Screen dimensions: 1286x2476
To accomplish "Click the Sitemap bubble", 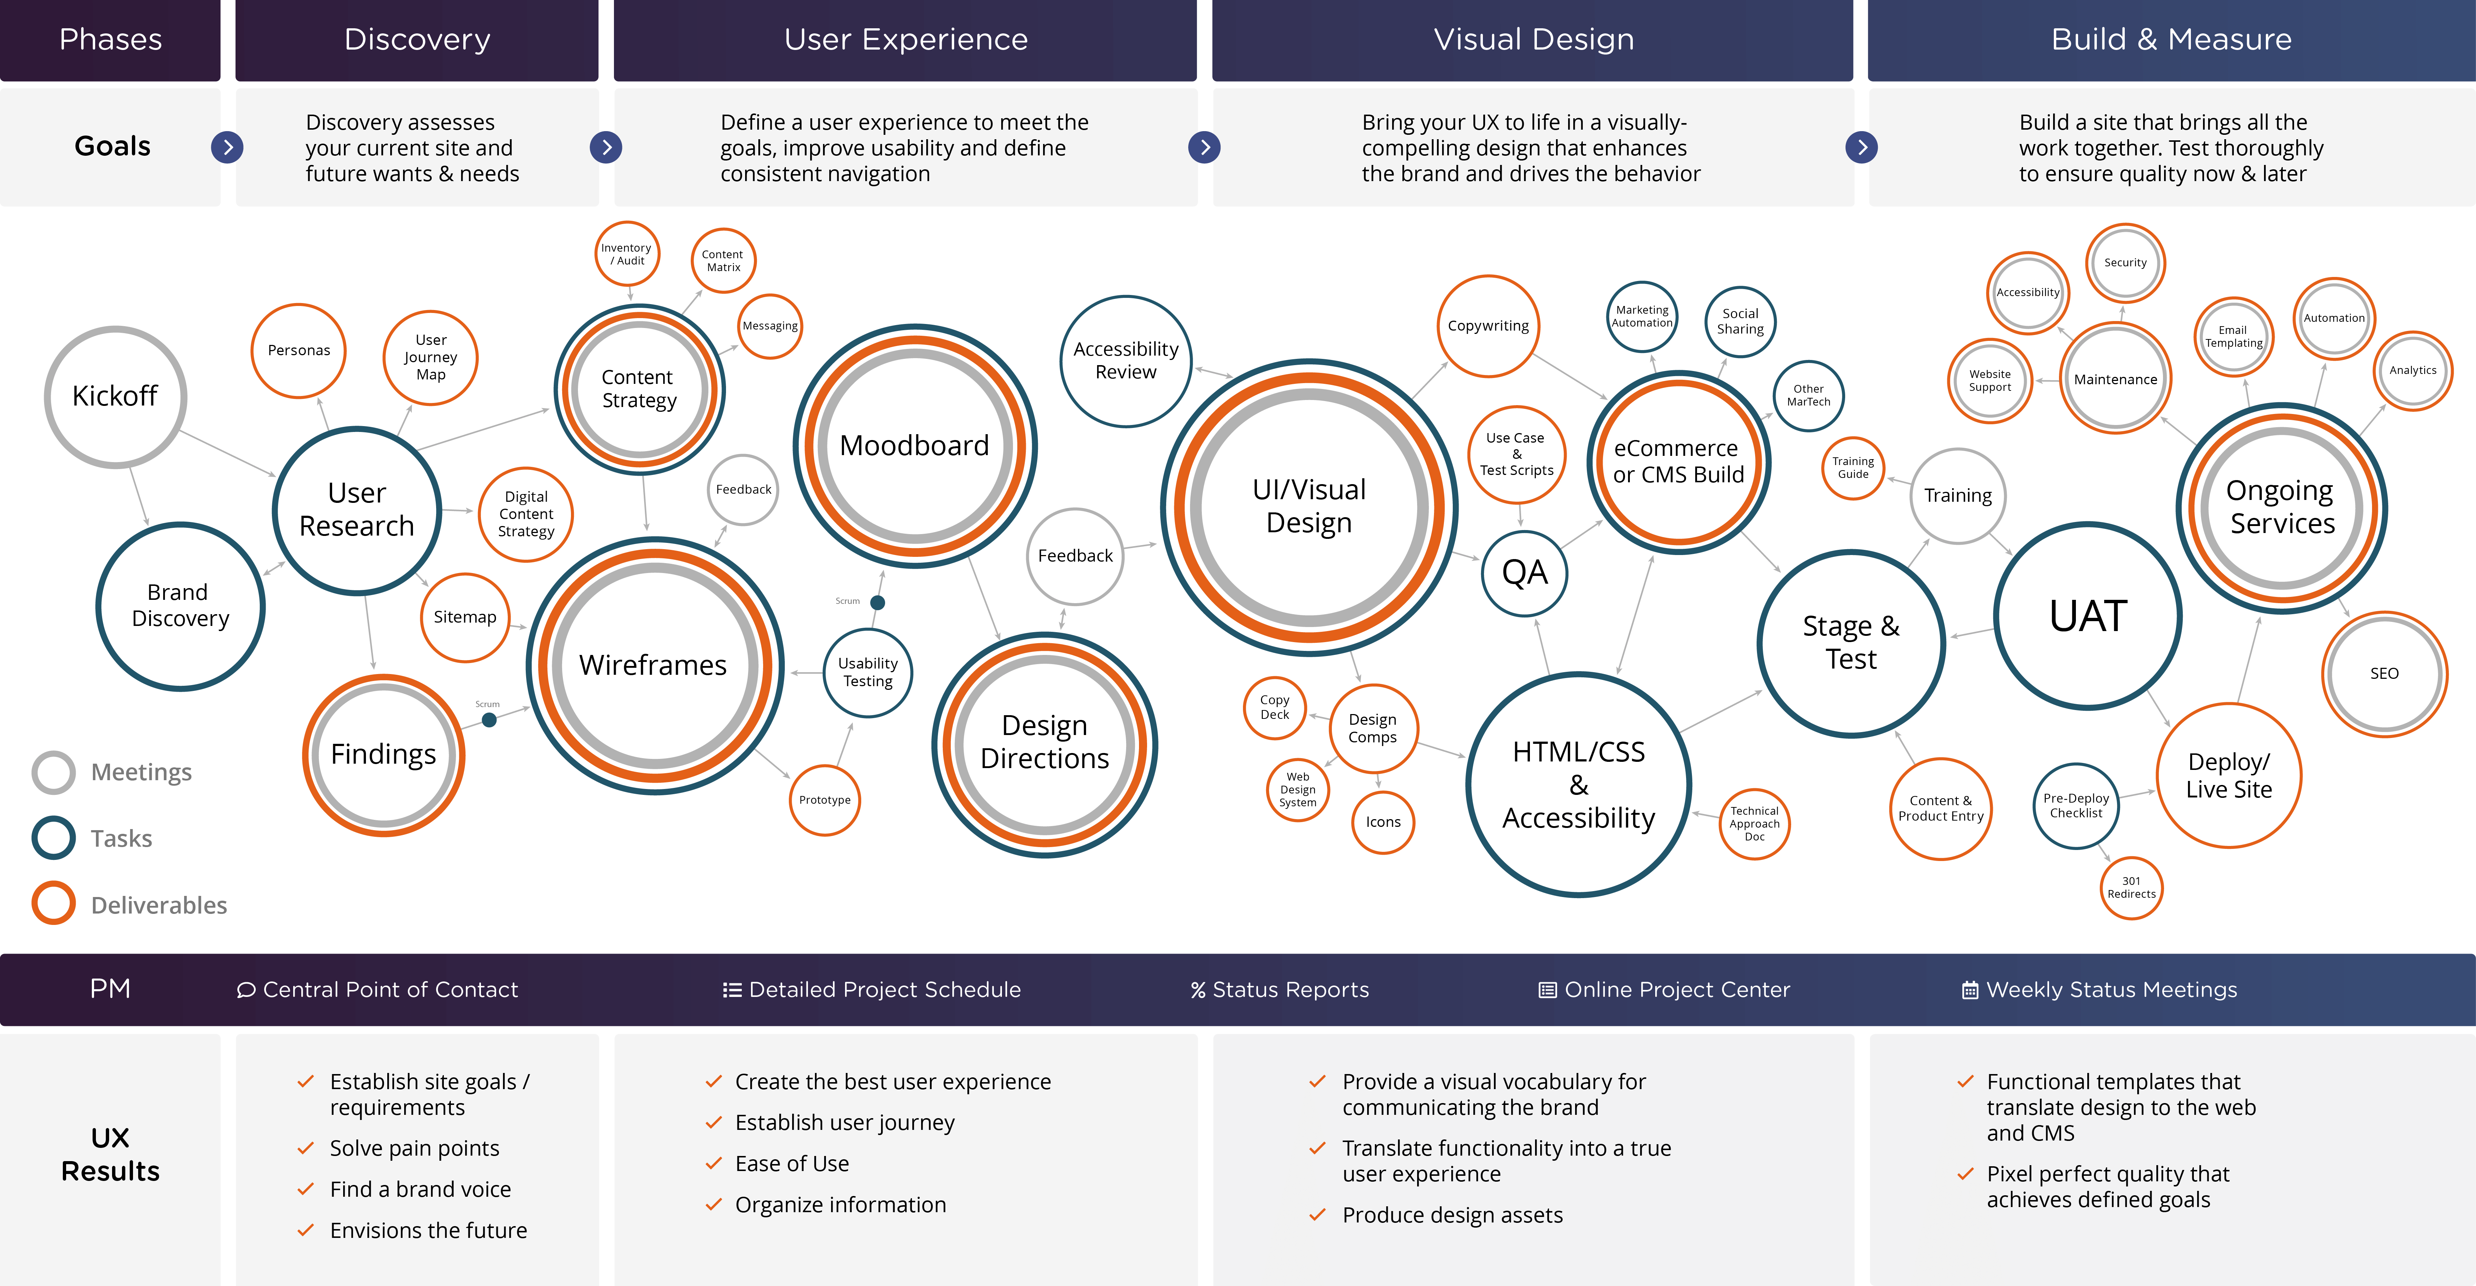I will pos(465,617).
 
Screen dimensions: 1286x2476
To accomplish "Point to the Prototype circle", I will pos(825,800).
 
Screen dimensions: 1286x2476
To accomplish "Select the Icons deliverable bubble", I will pos(1383,822).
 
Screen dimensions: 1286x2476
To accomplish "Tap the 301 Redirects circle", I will pos(2131,887).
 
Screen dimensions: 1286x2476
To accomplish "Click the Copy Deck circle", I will pos(1275,707).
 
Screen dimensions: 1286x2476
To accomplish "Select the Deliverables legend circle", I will pos(54,904).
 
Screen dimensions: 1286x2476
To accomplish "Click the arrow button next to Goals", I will pos(227,147).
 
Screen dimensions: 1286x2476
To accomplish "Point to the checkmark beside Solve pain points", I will pos(306,1149).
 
